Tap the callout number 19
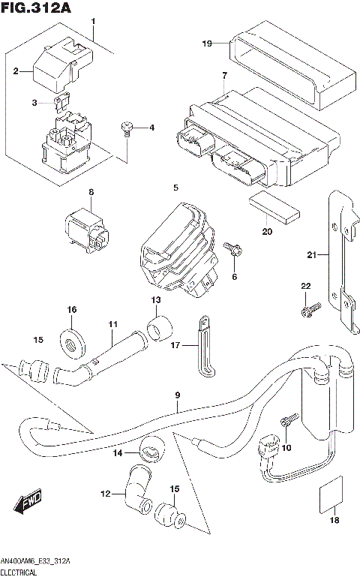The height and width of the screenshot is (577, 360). [208, 44]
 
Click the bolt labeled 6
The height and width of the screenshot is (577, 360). [233, 250]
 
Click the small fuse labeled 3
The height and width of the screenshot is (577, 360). [64, 98]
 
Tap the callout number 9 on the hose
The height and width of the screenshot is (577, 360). [178, 395]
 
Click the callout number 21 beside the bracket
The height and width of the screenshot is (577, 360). [312, 255]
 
